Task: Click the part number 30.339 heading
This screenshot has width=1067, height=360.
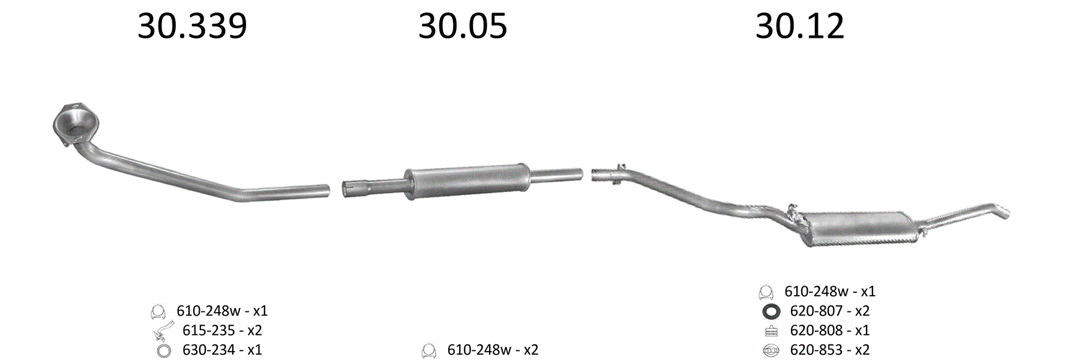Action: coord(192,26)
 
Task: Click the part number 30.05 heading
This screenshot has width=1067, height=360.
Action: coord(463,26)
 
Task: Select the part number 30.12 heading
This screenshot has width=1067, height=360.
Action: coord(800,26)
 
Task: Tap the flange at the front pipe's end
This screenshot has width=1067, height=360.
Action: coord(76,123)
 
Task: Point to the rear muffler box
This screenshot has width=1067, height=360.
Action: coord(859,228)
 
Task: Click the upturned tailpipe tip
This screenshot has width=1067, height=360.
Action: coord(1001,212)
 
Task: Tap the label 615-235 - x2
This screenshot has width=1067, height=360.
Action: coord(222,331)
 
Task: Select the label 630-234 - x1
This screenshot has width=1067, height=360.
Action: coord(222,350)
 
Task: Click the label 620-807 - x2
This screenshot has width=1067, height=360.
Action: coord(829,311)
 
